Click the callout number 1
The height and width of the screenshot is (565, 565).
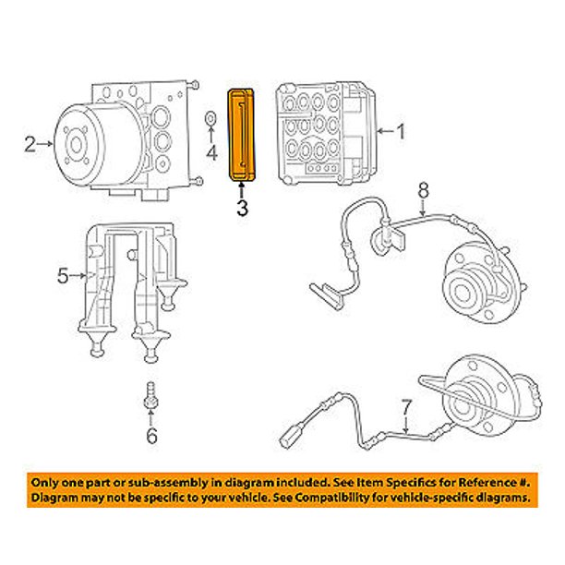(x=400, y=131)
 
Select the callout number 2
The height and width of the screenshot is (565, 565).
(x=30, y=143)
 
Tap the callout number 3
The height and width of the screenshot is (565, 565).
(x=242, y=208)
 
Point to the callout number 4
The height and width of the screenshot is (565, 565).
(x=211, y=153)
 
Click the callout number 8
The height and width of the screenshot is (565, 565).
(x=423, y=191)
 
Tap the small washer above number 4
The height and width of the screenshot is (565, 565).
(x=211, y=117)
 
